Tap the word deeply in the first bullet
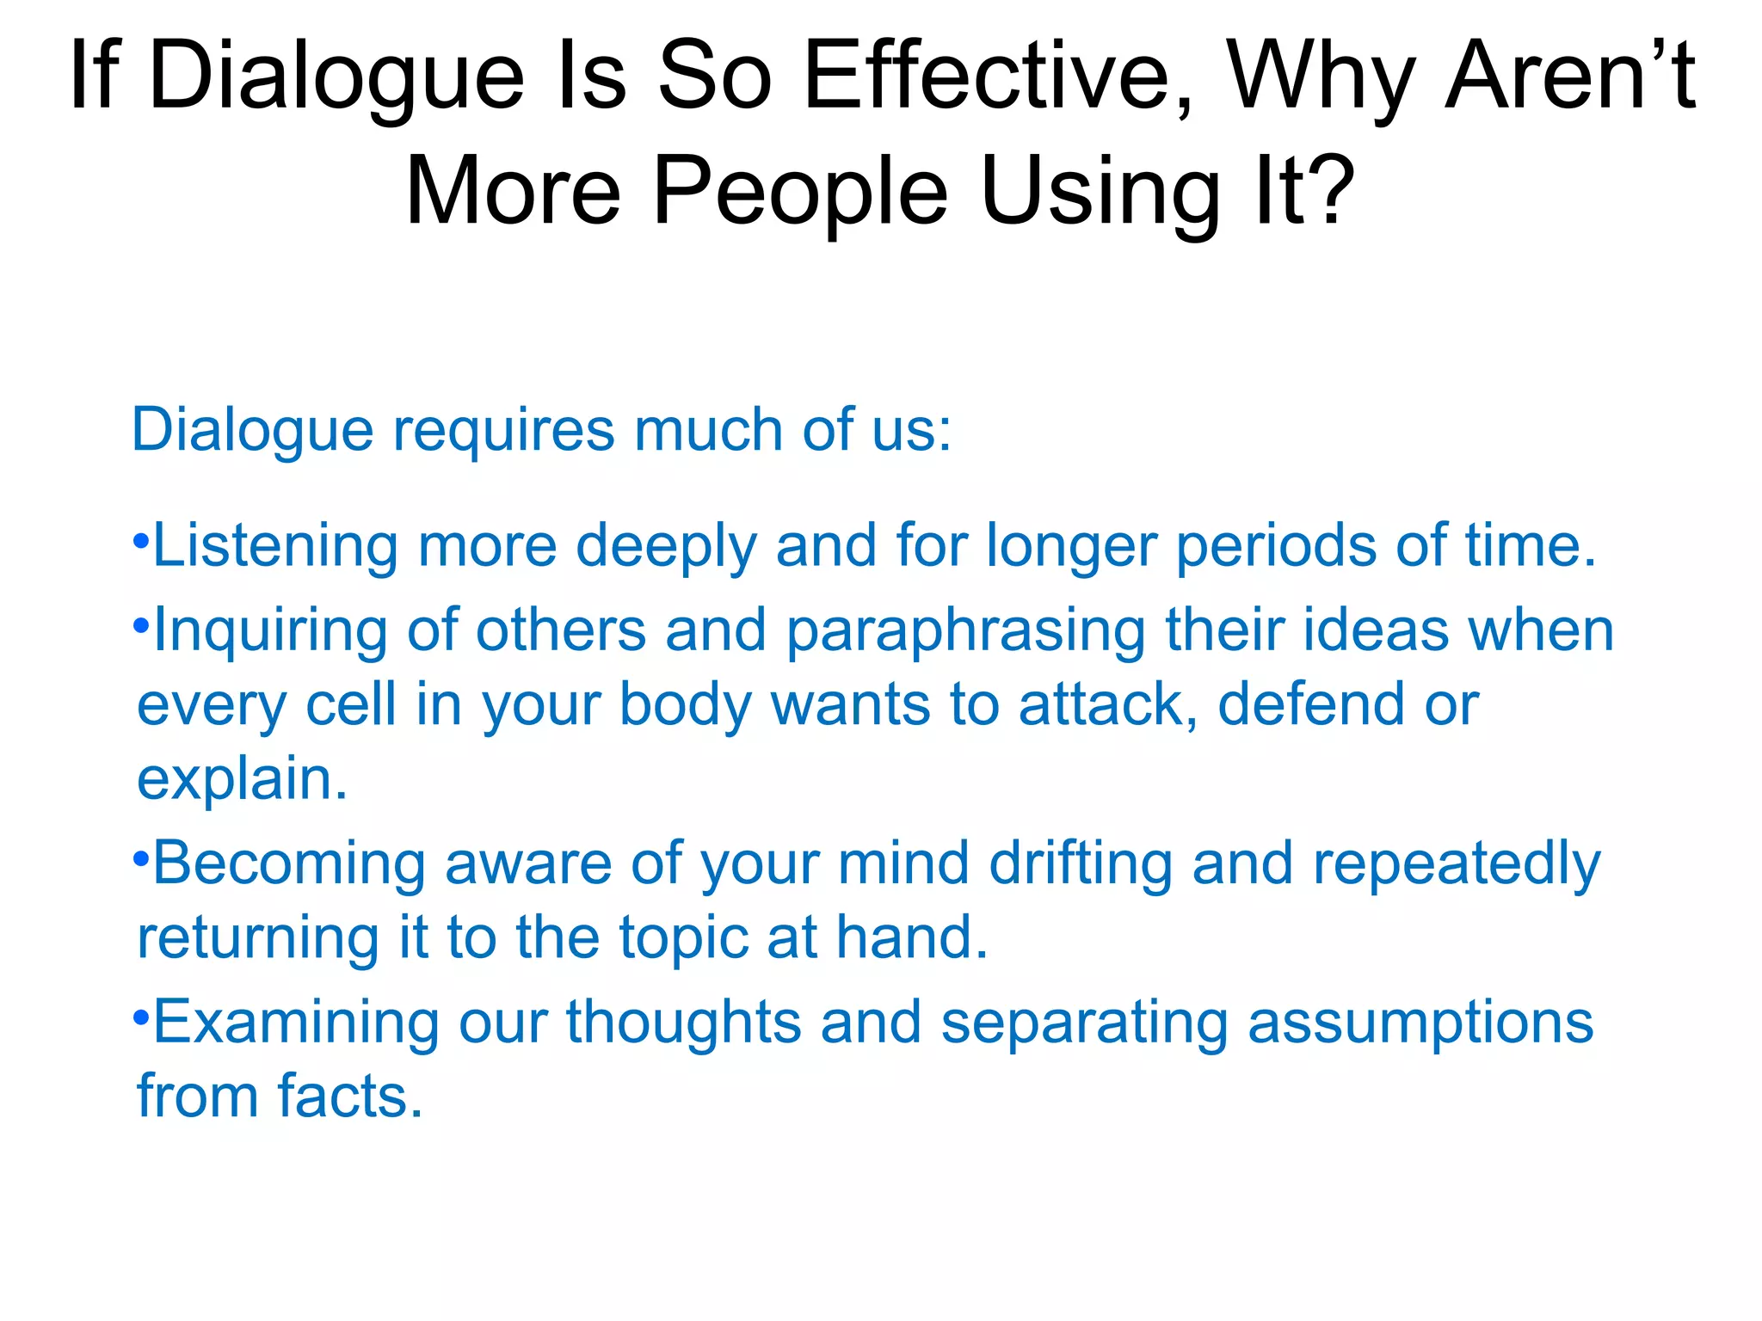[666, 547]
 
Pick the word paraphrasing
[965, 632]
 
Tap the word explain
[242, 779]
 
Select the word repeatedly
[1456, 864]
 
